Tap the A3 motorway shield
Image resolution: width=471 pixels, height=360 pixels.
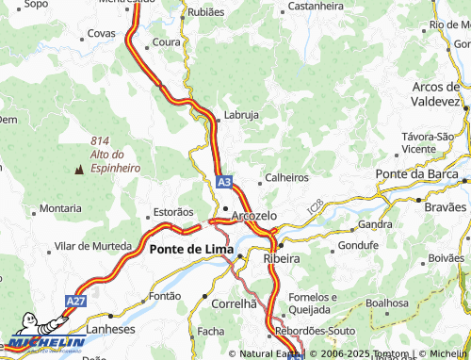[222, 181]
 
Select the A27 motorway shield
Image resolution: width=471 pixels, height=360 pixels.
[75, 301]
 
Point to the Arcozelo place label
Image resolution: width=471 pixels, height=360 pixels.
[253, 216]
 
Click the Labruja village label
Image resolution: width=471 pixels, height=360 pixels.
[242, 116]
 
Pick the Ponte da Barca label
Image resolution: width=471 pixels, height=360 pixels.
[415, 174]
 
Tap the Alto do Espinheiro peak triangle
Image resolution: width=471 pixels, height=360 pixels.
[79, 171]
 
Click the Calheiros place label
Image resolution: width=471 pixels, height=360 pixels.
[287, 177]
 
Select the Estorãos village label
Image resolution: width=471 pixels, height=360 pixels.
[172, 212]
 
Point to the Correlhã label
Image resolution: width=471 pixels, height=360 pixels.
[235, 304]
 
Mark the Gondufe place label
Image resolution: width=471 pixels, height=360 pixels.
[357, 245]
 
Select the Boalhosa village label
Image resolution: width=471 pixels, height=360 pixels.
[387, 303]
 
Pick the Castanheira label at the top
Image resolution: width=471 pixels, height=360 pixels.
[316, 6]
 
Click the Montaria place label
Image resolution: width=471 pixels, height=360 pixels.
[60, 208]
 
